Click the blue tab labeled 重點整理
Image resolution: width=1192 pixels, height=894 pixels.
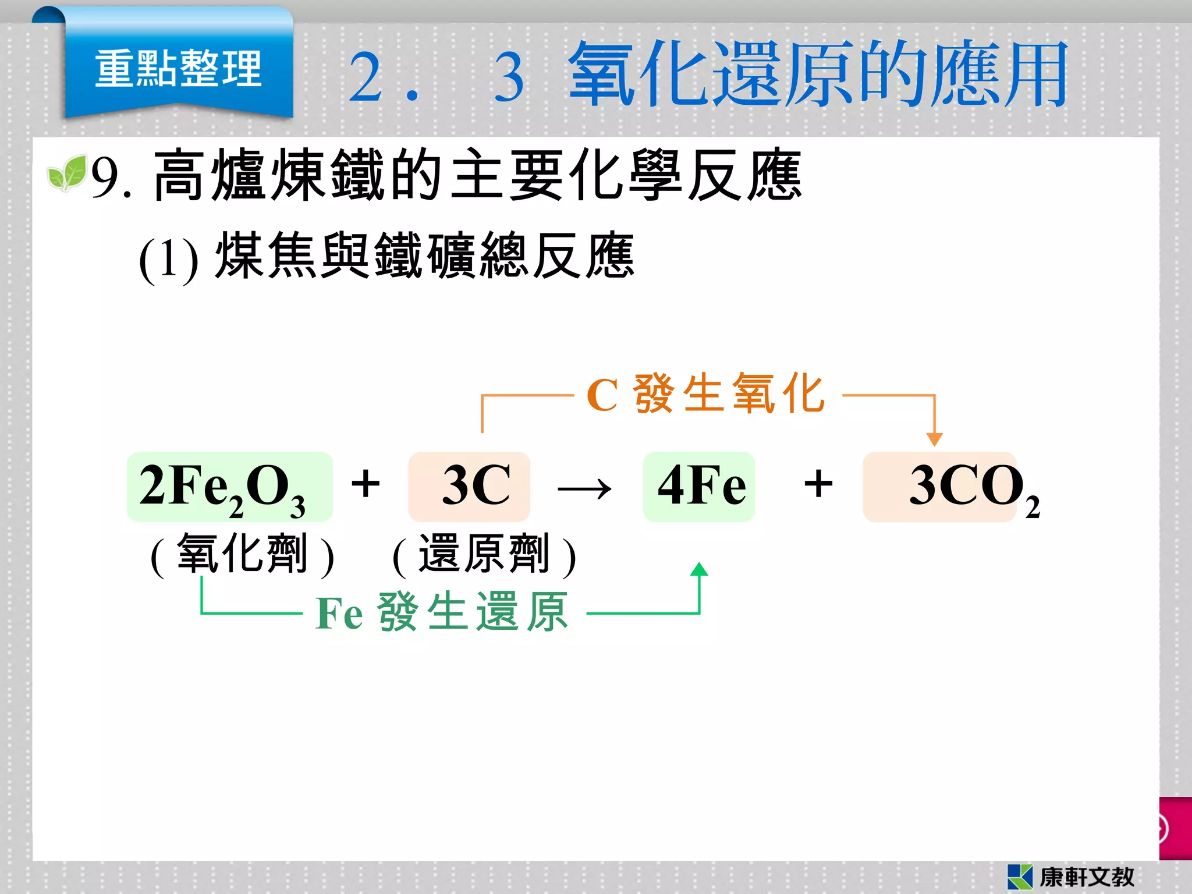tap(178, 69)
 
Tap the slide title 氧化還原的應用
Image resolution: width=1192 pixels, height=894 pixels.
tap(818, 74)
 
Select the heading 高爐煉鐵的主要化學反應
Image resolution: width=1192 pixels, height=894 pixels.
tap(477, 175)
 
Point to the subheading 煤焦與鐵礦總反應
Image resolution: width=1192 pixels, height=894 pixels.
tap(424, 256)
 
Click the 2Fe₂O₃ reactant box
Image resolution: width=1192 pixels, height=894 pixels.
tap(229, 487)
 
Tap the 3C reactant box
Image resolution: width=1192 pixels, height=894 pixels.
tap(469, 487)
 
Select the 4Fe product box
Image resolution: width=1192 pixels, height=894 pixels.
tap(699, 487)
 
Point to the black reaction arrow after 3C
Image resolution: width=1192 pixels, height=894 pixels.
tap(584, 489)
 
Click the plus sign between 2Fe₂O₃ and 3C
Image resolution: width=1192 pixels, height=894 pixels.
tap(366, 484)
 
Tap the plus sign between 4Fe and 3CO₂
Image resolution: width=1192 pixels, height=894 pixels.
tap(818, 484)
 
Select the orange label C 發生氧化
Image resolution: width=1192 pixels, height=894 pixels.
tap(705, 394)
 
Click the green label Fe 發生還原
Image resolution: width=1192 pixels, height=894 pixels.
tap(441, 612)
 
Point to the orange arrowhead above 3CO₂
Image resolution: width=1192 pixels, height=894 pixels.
tap(934, 439)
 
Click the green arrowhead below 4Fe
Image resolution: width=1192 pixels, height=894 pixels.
tap(699, 569)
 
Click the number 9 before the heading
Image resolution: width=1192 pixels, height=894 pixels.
tap(105, 178)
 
